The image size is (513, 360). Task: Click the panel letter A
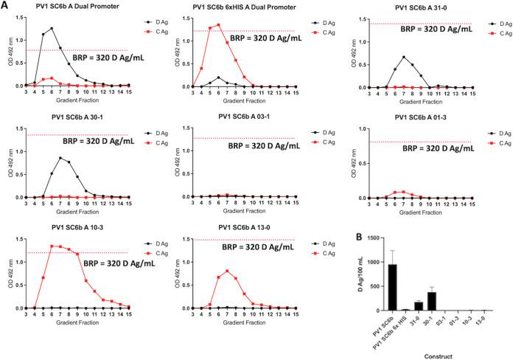(5, 5)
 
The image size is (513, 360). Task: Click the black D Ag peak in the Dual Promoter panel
(52, 29)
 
